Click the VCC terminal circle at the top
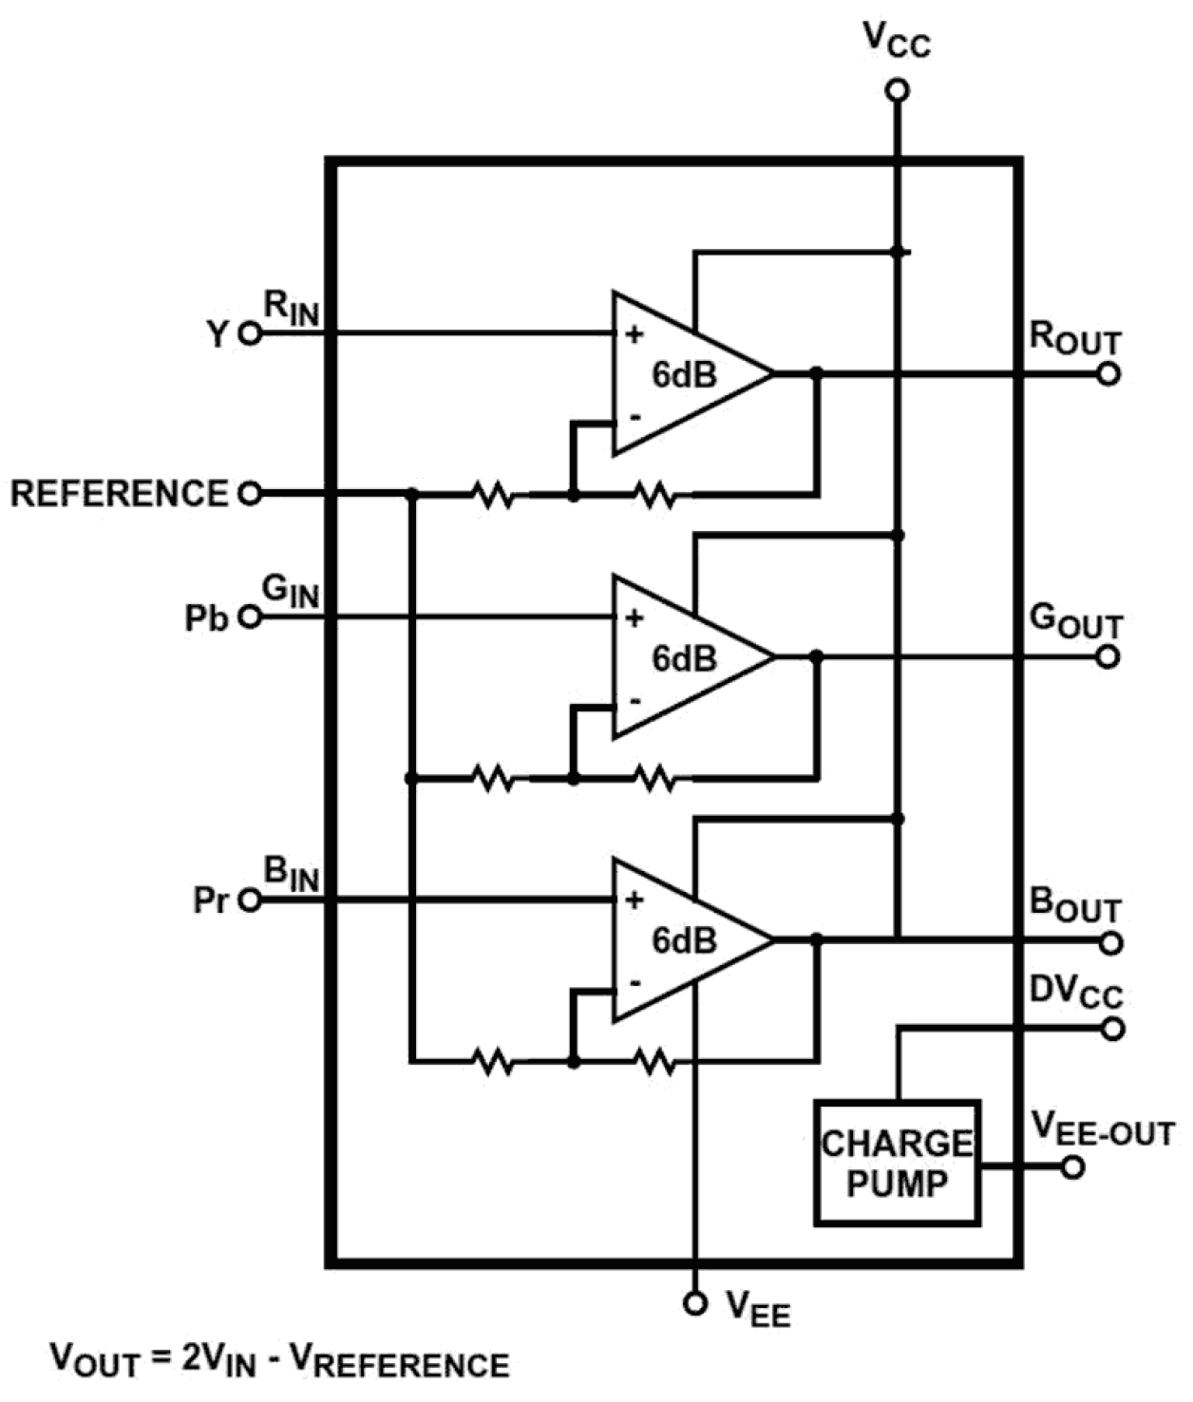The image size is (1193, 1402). (x=897, y=90)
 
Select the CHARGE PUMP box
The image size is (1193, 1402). (x=897, y=1163)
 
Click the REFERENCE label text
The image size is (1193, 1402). (x=120, y=494)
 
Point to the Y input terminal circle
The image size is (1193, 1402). (x=250, y=333)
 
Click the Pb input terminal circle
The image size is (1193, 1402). (x=250, y=617)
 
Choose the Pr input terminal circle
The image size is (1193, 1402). (x=250, y=900)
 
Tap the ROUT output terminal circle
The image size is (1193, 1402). (x=1108, y=374)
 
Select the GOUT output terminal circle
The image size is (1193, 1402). (x=1108, y=656)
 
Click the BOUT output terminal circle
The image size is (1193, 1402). (x=1111, y=942)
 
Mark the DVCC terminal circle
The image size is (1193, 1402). (x=1112, y=1029)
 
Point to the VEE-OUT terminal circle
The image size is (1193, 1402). (x=1072, y=1167)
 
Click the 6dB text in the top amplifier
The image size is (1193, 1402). (x=684, y=375)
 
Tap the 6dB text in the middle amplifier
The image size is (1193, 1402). (x=684, y=658)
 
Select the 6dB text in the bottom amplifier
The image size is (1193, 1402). (x=684, y=940)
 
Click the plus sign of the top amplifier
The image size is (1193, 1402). (x=634, y=334)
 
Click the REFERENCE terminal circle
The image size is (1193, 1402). (x=250, y=494)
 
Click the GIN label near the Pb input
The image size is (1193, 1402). (x=291, y=592)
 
